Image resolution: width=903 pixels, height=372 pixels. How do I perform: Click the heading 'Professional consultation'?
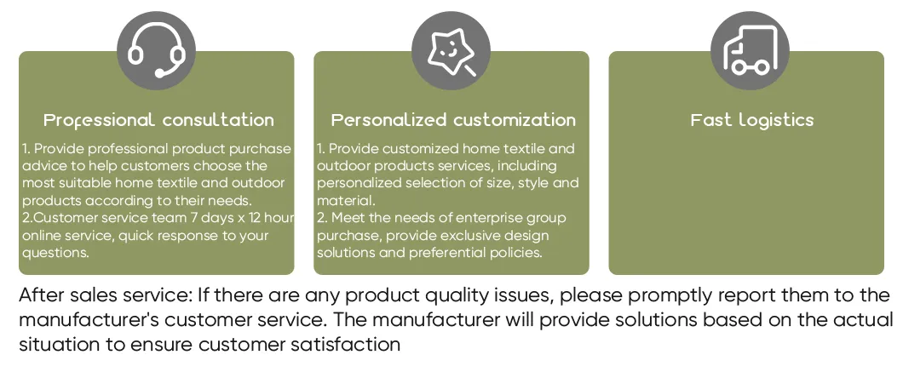click(158, 120)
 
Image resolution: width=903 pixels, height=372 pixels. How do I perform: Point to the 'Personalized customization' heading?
click(453, 120)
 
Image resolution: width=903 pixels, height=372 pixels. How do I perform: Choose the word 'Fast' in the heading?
click(711, 120)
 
